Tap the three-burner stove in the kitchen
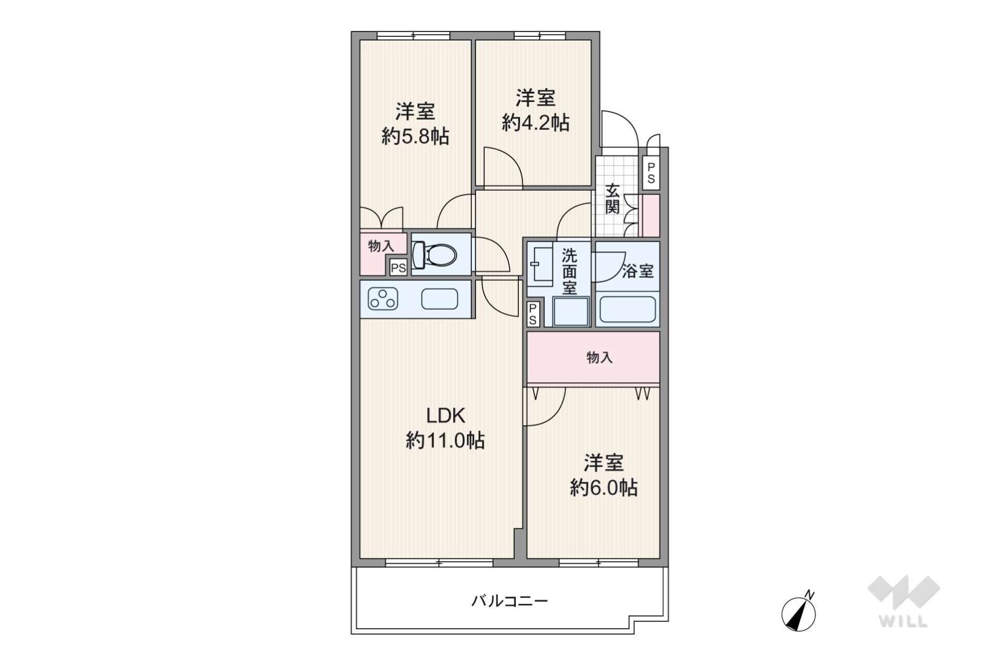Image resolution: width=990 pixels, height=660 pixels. coord(383,299)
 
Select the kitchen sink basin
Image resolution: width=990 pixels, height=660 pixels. coord(439,299)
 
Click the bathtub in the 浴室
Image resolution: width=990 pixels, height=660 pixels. coord(627,309)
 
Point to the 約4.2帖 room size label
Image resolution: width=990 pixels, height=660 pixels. coord(535,123)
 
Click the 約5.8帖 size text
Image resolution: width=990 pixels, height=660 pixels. coord(415,136)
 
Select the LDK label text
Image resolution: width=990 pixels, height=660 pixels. coord(445,415)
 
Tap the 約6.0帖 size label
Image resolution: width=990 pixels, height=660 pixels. coord(603,488)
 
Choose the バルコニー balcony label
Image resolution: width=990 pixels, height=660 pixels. coord(509,601)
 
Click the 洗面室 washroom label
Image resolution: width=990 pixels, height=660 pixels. coord(569,272)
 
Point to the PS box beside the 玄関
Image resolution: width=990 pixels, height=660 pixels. coord(651,173)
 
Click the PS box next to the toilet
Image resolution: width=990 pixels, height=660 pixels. coord(398,268)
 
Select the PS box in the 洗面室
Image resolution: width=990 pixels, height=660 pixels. coord(533,314)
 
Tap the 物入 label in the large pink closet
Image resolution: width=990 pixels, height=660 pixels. coord(599,357)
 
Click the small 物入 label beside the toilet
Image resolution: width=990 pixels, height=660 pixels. coord(381,246)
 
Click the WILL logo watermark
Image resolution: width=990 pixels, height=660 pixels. coord(904,601)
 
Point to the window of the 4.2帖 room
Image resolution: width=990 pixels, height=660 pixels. coord(539,36)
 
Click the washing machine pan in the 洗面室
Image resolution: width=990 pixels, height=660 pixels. coord(571,312)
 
